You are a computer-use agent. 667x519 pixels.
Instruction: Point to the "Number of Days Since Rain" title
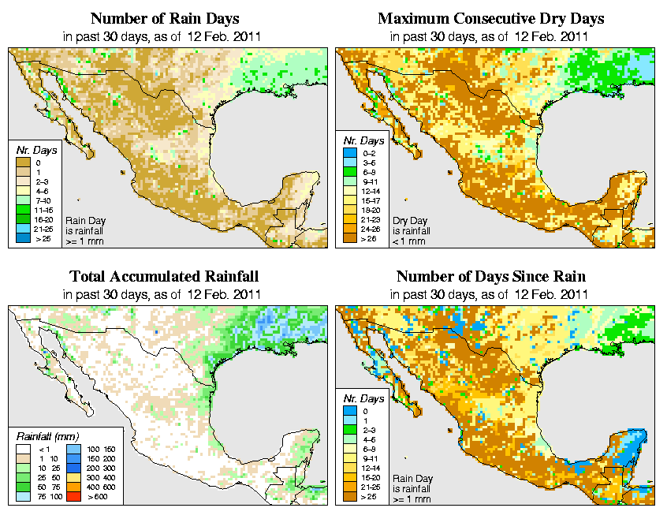click(490, 277)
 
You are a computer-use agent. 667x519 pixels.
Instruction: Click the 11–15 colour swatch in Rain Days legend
click(24, 210)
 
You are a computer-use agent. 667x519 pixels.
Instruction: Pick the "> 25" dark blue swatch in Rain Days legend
click(24, 238)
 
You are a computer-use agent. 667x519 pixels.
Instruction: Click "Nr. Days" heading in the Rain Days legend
click(34, 148)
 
